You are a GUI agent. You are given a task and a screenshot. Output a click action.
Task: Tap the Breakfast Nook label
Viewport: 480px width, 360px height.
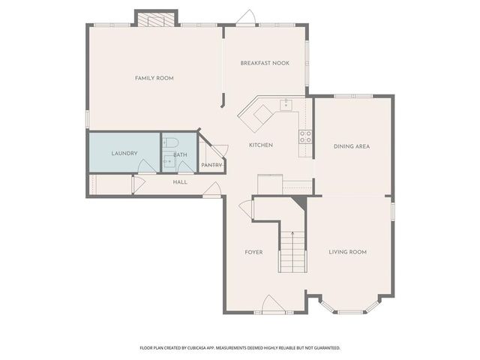pos(265,63)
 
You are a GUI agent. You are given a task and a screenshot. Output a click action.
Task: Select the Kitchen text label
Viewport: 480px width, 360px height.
pos(261,145)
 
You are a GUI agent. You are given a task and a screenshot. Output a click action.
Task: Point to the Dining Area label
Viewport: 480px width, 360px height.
pos(352,146)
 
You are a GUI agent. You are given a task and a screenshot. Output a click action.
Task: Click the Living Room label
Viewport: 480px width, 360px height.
pos(347,252)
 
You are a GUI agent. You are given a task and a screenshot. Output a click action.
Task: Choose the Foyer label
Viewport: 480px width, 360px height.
pos(253,252)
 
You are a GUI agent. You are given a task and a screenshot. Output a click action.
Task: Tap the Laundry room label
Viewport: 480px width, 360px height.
pos(124,154)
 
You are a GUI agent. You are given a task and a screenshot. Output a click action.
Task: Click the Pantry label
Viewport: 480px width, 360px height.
pos(211,165)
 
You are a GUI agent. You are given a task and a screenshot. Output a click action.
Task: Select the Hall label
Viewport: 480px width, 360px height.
pos(180,182)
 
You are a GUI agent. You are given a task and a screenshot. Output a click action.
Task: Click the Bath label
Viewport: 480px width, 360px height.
pos(181,155)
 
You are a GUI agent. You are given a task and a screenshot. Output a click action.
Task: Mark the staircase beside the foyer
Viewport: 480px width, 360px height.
pos(292,252)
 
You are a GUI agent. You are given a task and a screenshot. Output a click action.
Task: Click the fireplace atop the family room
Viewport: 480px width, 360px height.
pos(156,17)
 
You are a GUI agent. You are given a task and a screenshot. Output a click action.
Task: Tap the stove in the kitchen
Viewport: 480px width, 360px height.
pos(306,136)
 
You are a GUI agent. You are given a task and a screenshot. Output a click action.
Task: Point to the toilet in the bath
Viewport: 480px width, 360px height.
pos(169,142)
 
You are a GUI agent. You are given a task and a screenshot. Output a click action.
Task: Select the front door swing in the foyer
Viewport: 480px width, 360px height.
pos(271,304)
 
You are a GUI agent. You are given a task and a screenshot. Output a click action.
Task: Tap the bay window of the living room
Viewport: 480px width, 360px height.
pos(349,308)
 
